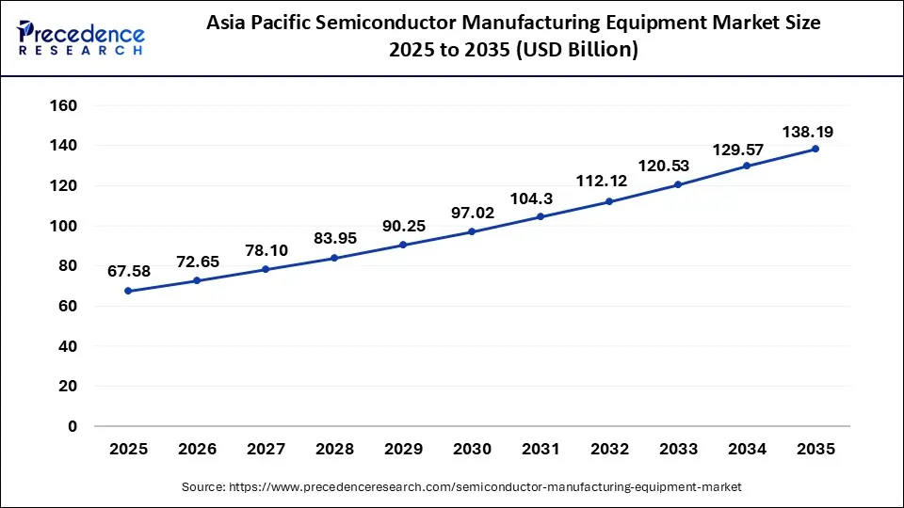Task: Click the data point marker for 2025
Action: [x=128, y=291]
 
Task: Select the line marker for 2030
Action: [x=472, y=231]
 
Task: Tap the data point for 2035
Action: [x=815, y=149]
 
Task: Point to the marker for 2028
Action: [x=334, y=258]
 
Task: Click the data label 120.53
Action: [x=663, y=166]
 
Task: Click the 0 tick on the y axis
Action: [x=72, y=426]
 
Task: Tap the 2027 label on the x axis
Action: [x=266, y=450]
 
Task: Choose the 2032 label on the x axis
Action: [x=609, y=450]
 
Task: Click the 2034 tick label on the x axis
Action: [x=747, y=450]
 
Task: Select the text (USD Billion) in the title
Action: [x=579, y=51]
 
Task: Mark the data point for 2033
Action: [x=678, y=184]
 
